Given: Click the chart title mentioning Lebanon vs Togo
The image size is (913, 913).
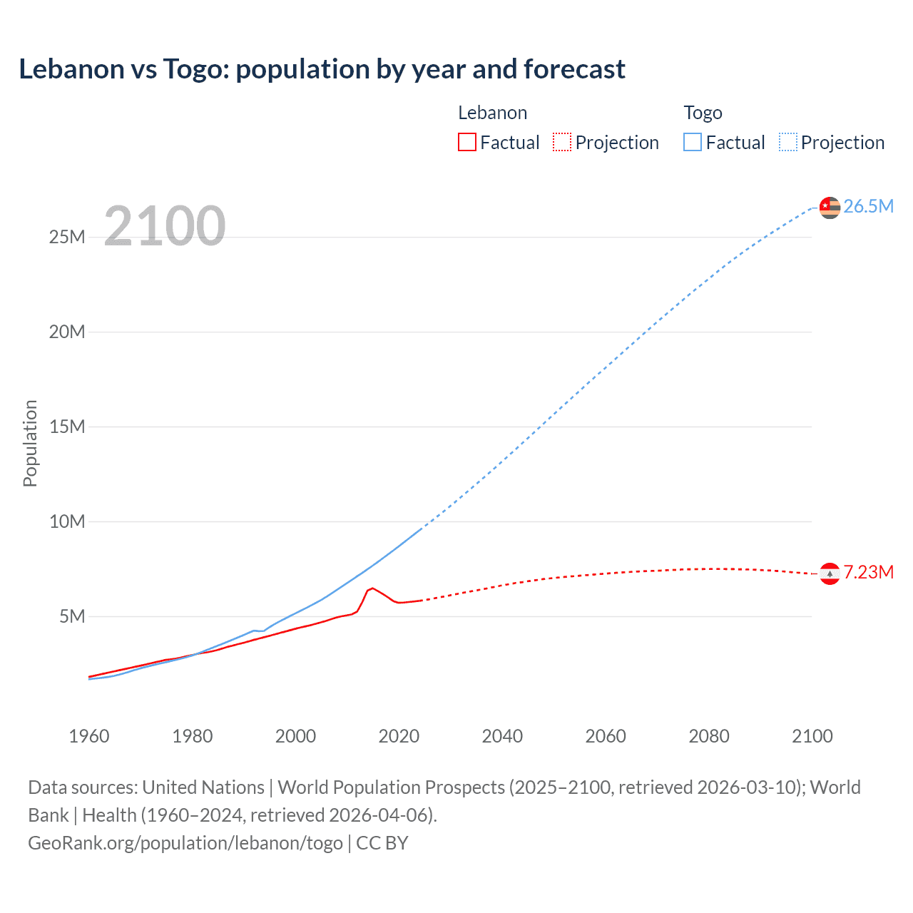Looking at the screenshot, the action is point(322,69).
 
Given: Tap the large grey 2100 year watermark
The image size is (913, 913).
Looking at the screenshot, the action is point(165,226).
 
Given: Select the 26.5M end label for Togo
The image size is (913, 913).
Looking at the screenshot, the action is point(868,206).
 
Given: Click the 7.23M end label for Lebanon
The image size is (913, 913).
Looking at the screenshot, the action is point(868,572).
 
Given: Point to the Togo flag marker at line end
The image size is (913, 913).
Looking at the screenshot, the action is point(830,208).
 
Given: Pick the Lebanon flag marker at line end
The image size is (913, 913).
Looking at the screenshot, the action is point(830,573).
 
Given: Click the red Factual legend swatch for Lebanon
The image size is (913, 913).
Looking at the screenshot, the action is point(466,142).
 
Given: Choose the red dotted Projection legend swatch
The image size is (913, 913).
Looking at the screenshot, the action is point(562,142).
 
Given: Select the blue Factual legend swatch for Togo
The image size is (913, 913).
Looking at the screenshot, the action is point(692,142).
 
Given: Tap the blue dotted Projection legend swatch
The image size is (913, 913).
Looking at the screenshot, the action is point(787,142).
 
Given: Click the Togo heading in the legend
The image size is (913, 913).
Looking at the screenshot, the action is point(703,113).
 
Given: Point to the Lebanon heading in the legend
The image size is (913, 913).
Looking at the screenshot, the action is point(492,113).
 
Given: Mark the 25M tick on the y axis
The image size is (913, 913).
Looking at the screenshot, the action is point(67,237).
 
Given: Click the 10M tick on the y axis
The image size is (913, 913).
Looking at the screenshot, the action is point(67,521).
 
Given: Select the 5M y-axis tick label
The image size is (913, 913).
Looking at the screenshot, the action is point(72,616).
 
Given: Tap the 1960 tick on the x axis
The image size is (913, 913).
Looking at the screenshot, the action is point(89,736).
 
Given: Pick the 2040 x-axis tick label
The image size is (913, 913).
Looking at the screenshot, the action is point(502,736).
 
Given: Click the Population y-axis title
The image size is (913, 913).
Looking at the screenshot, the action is point(30,443).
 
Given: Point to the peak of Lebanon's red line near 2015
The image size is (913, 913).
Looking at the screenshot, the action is point(372,588).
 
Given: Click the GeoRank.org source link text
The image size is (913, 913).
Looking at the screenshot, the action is point(185,843).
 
